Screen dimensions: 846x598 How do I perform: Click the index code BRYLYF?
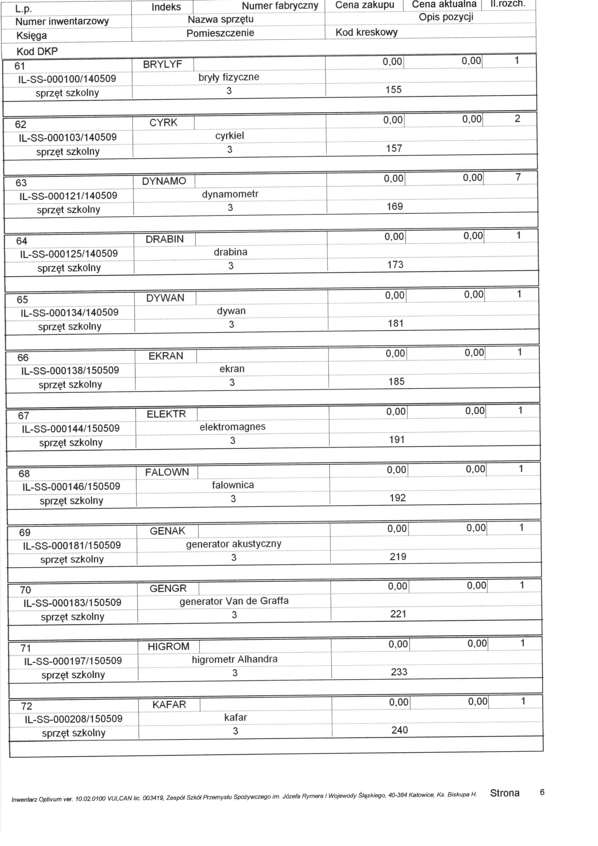point(162,65)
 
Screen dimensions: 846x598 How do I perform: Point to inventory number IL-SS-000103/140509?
point(68,137)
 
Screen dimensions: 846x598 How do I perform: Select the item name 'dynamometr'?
point(230,194)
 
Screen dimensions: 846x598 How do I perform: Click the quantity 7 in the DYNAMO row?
point(518,177)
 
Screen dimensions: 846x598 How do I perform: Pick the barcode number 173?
point(395,265)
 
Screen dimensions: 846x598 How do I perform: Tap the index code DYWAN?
point(165,298)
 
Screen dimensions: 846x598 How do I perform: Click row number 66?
point(23,358)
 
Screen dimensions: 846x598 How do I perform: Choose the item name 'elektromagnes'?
point(233,427)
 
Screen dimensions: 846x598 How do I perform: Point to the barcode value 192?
point(397,498)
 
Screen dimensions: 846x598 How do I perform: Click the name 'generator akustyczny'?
point(234,544)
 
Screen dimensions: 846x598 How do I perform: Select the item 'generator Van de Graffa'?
point(234,601)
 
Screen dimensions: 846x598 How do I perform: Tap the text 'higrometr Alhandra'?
point(235,659)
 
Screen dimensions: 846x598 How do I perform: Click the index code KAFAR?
point(169,705)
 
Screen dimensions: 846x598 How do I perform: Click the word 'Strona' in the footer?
point(504,793)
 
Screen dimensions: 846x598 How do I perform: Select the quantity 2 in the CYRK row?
point(517,119)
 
